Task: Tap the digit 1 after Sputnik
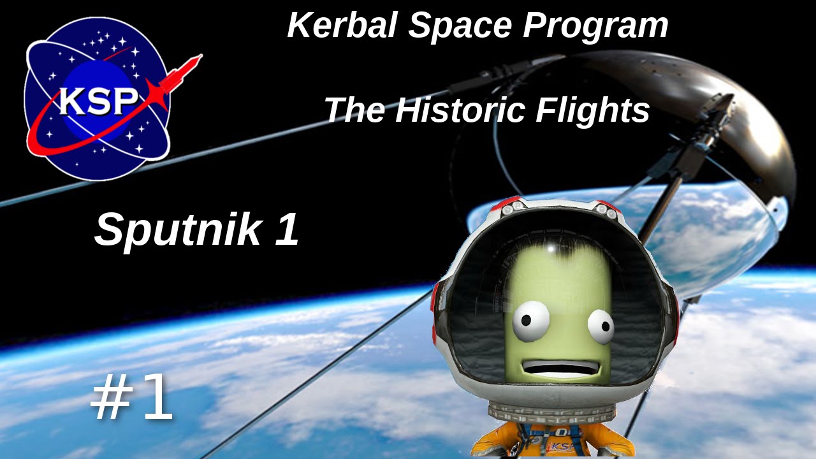[x=288, y=229]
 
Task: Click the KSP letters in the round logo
[x=99, y=101]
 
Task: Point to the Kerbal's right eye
[x=600, y=326]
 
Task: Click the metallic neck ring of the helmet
[x=555, y=411]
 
